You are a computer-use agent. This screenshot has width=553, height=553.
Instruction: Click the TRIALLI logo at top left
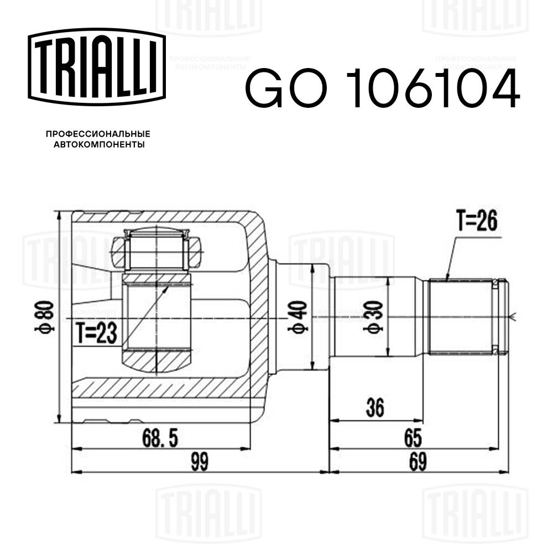tap(97, 66)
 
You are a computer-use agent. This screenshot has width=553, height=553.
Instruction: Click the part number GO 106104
tap(382, 88)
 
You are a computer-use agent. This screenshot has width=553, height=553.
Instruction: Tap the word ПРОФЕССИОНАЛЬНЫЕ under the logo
tap(98, 134)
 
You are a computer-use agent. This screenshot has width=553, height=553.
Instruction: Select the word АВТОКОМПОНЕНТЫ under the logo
tap(98, 145)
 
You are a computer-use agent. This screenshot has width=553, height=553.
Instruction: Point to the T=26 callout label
tap(477, 222)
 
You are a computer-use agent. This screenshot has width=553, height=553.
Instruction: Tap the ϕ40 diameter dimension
tap(299, 318)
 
